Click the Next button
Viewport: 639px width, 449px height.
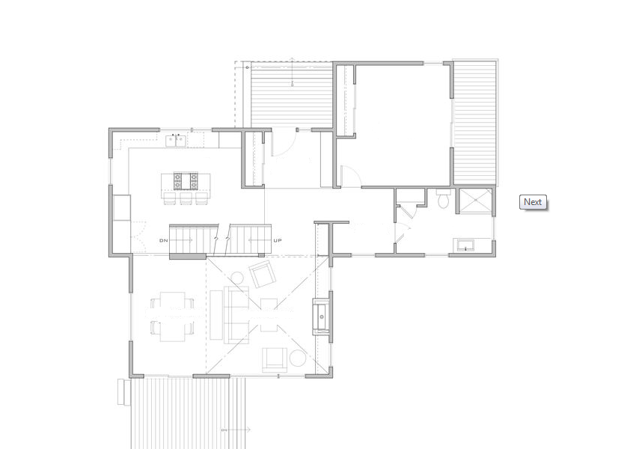click(x=533, y=202)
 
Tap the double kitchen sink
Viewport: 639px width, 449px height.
click(x=176, y=141)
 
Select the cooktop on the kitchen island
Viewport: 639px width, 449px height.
click(x=186, y=181)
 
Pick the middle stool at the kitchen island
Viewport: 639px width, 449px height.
click(x=186, y=198)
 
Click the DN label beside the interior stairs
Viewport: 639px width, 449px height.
click(x=164, y=241)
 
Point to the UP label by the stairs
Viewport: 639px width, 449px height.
click(x=278, y=241)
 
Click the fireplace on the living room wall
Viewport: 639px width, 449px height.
click(x=321, y=317)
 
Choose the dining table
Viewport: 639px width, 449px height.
click(x=172, y=317)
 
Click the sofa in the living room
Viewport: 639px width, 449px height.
click(x=236, y=315)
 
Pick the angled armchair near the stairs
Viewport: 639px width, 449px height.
click(x=263, y=275)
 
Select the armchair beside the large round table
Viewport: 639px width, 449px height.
click(x=275, y=360)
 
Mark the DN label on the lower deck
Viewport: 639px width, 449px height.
click(x=224, y=430)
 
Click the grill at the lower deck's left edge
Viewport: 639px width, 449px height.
click(x=124, y=392)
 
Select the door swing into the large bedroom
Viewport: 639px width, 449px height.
click(x=350, y=176)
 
